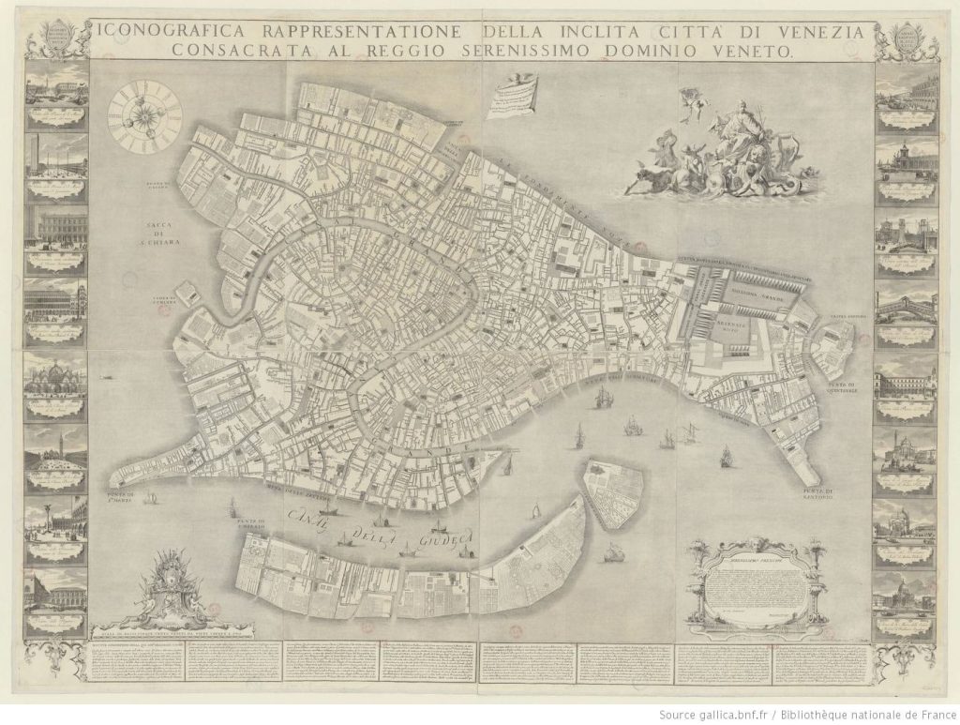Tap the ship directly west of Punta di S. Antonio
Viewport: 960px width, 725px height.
click(725, 456)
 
